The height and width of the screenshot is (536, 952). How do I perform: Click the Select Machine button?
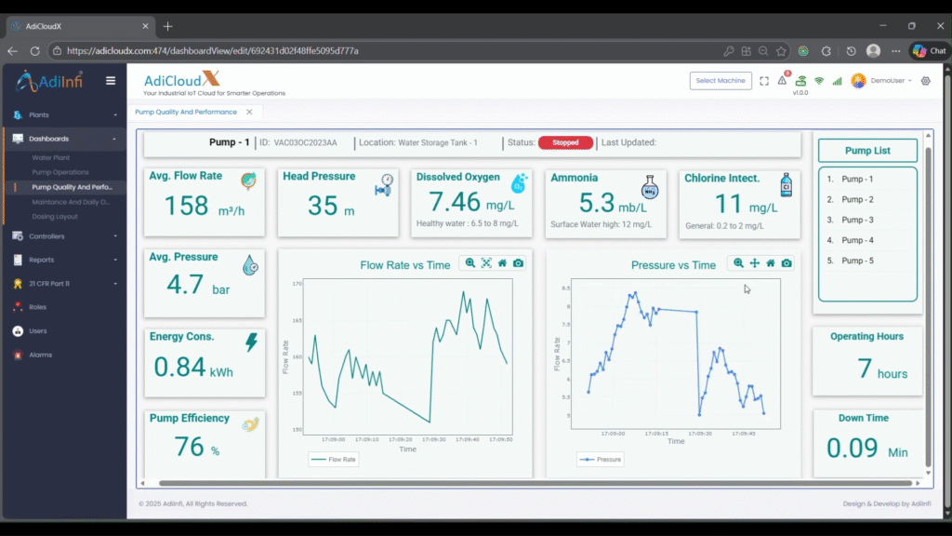point(721,81)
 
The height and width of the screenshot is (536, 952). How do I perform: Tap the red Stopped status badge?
point(565,143)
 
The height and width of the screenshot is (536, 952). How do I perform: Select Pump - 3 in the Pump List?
point(857,220)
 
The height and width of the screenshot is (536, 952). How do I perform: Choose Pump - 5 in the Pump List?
point(857,261)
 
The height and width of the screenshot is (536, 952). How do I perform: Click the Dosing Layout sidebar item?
point(55,217)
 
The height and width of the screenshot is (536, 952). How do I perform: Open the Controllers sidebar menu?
point(46,236)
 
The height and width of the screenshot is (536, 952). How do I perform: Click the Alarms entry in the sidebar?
point(40,355)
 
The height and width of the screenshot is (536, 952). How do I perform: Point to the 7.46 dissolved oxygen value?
point(455,201)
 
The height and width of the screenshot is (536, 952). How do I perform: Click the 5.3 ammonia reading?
point(599,201)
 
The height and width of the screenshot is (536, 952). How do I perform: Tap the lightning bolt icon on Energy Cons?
point(251,342)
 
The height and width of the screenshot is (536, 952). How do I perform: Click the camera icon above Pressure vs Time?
point(787,263)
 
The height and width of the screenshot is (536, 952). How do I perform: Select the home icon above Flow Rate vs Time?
point(502,263)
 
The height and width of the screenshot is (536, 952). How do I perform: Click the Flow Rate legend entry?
point(334,459)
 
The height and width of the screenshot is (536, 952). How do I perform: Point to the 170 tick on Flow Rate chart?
point(297,283)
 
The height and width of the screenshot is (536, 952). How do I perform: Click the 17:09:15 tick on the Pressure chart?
point(656,433)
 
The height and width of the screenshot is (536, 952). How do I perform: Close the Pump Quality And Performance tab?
point(248,112)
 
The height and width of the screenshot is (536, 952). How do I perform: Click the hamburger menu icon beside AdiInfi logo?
point(111,81)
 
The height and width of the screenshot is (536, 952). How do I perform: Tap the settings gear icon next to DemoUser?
point(925,81)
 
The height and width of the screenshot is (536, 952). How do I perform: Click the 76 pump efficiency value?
point(189,447)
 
